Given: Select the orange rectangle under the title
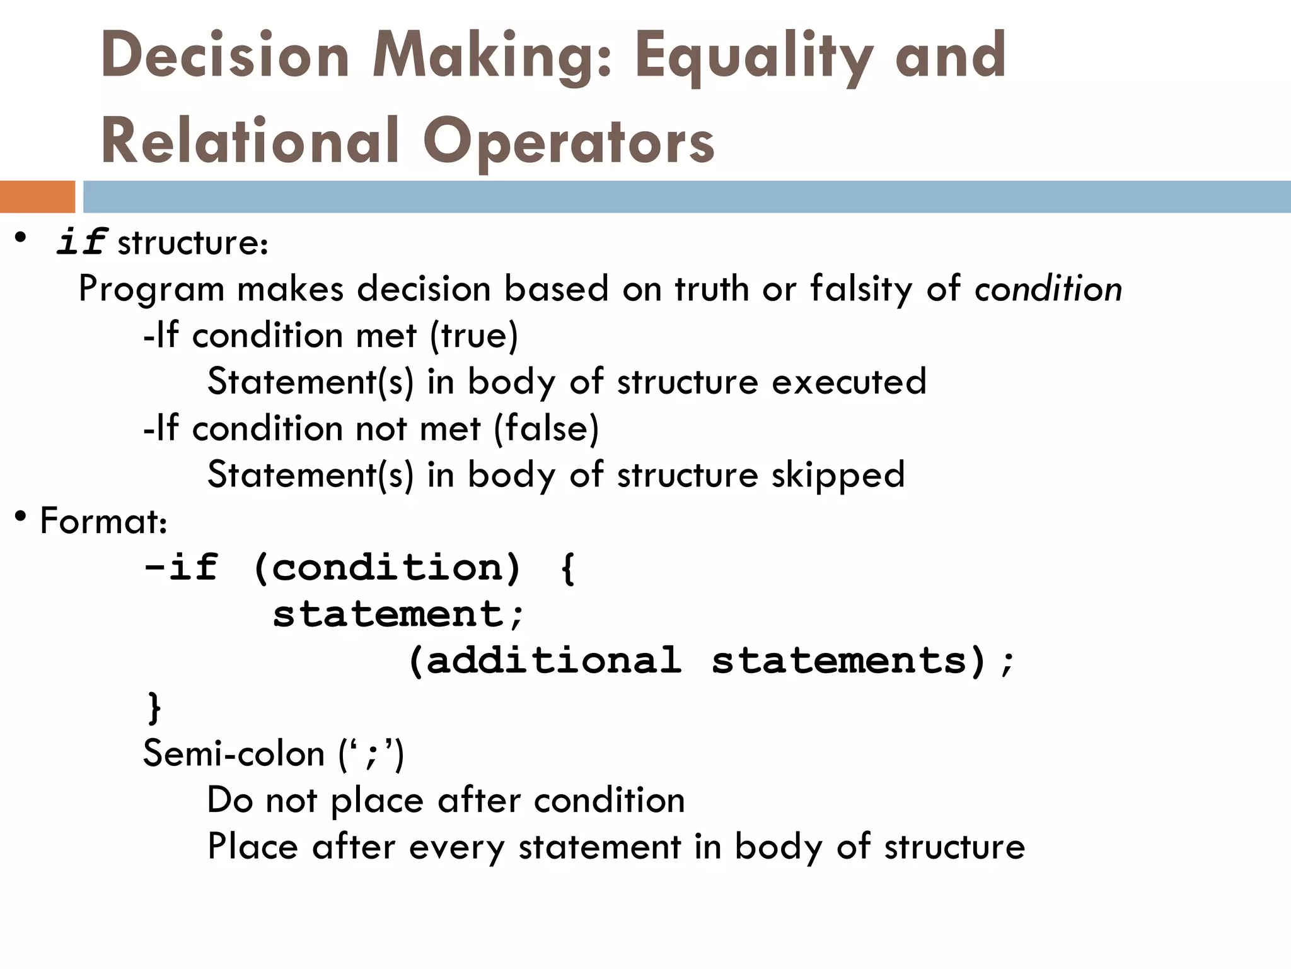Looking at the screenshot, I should (x=37, y=196).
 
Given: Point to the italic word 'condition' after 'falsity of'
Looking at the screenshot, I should (x=1048, y=290).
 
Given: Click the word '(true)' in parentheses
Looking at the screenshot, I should (x=473, y=336).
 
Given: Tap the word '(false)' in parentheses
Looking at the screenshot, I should (x=546, y=429).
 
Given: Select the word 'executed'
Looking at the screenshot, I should (x=848, y=382).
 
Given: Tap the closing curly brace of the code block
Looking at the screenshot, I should (x=154, y=707).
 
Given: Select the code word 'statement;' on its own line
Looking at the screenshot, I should (x=398, y=614).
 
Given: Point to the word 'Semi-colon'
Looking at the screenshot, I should (x=233, y=753).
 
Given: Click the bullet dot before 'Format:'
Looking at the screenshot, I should (x=21, y=517).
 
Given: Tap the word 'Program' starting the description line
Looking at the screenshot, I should (x=151, y=290).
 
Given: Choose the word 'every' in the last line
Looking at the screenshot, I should (x=456, y=847).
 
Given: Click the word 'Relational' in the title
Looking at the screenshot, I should (x=250, y=141).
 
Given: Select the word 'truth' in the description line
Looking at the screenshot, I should (x=712, y=290).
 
